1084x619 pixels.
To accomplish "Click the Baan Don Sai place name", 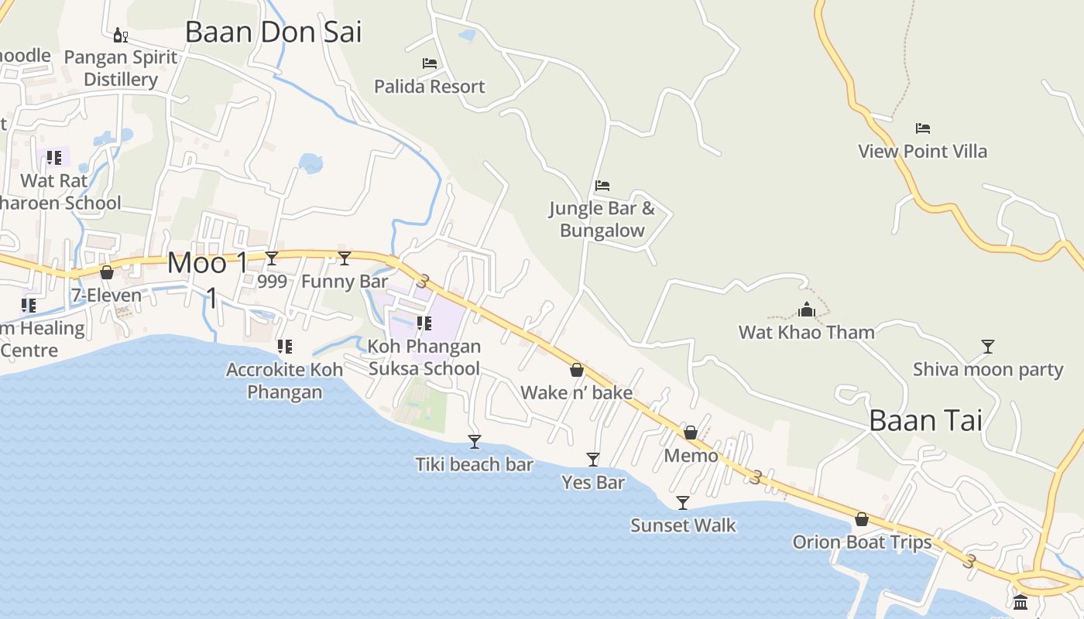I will (273, 32).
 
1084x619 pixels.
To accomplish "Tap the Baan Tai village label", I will (925, 420).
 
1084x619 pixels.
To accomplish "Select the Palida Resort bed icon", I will (430, 63).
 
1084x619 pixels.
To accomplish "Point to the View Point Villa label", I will (922, 151).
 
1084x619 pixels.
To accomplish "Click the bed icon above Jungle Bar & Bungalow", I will (602, 186).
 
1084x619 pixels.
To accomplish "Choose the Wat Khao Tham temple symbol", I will (807, 310).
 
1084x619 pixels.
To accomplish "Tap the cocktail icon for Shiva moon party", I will (987, 347).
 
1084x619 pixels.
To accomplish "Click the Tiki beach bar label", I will (474, 464).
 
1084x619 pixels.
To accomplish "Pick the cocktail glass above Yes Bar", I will (593, 460).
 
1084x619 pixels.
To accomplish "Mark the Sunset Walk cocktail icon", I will (683, 503).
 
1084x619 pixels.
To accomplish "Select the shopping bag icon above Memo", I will (691, 433).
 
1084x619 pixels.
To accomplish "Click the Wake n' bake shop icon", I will (577, 370).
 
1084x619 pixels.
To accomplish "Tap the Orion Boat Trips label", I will (862, 542).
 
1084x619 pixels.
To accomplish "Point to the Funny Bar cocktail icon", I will (345, 258).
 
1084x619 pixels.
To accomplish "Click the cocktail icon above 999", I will (272, 258).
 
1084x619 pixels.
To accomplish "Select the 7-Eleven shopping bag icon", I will (107, 272).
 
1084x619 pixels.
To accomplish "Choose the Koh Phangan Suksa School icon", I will (424, 323).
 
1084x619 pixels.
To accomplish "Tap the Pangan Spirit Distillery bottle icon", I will (120, 35).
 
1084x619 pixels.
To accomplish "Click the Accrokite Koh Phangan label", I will (284, 381).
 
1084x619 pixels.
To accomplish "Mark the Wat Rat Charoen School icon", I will (53, 158).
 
